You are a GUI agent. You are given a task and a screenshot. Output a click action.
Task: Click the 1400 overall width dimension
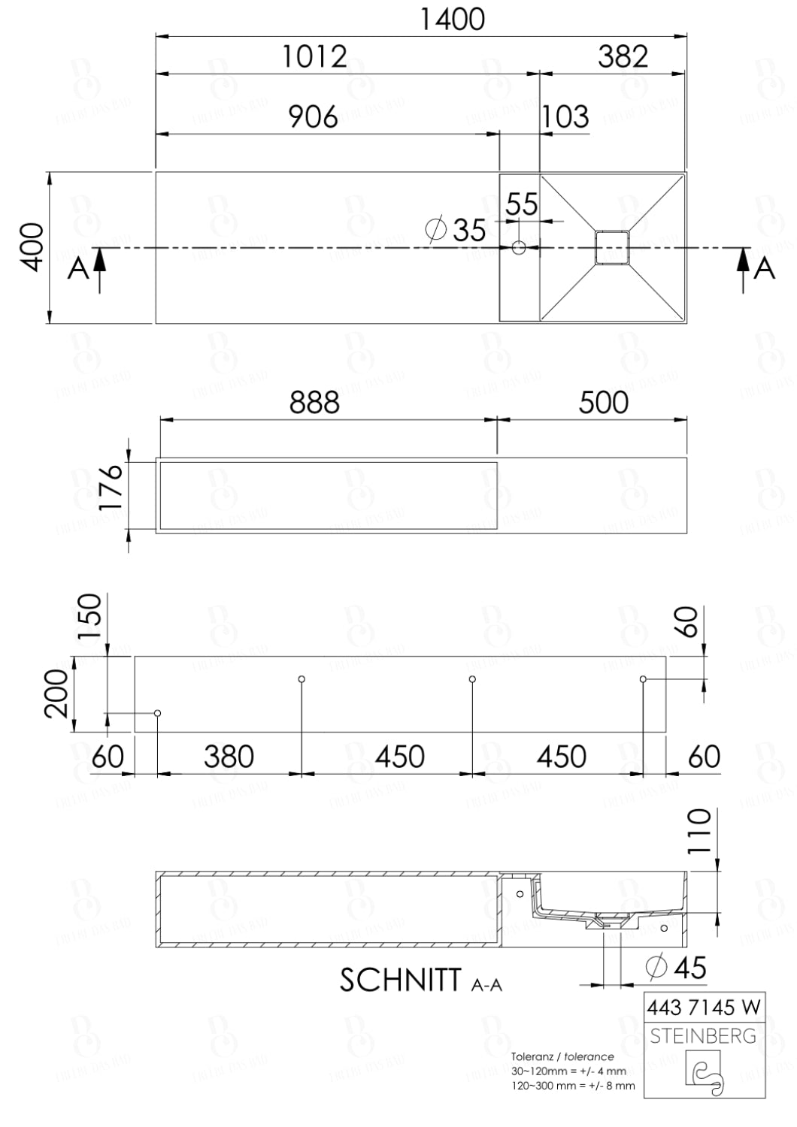[x=452, y=20]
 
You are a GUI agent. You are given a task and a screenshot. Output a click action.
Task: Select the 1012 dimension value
[x=314, y=57]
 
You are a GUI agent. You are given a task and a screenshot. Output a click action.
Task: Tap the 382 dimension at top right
[x=623, y=57]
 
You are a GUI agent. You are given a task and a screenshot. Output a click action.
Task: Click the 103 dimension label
[x=565, y=117]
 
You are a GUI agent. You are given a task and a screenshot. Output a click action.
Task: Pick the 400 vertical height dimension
[x=32, y=246]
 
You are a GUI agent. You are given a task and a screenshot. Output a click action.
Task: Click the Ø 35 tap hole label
[x=457, y=229]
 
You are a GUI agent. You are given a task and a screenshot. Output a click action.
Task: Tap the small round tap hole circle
[x=519, y=247]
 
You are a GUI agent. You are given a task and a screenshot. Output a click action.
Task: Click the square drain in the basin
[x=611, y=247]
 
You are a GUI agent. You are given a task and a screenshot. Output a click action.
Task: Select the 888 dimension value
[x=314, y=403]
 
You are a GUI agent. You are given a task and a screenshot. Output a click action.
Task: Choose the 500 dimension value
[x=603, y=403]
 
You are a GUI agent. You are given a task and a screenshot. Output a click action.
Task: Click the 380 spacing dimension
[x=229, y=757]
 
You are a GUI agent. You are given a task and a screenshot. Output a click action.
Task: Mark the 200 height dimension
[x=58, y=693]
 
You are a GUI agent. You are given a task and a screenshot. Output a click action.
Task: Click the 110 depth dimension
[x=699, y=831]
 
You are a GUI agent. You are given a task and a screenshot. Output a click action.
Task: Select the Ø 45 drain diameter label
[x=677, y=968]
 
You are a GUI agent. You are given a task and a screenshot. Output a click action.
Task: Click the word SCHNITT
[x=400, y=980]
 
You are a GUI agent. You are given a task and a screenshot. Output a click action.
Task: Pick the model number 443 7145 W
[x=703, y=1007]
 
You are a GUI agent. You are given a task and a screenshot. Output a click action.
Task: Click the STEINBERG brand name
[x=703, y=1036]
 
